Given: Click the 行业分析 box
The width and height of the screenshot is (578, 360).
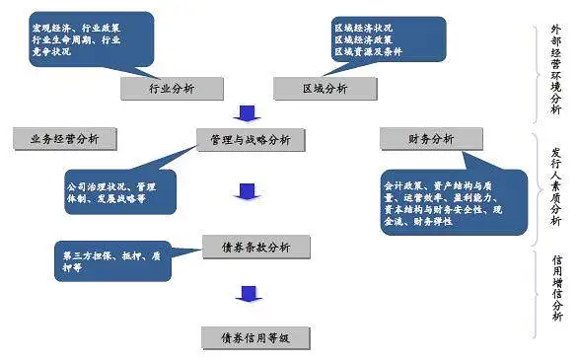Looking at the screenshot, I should click(172, 89).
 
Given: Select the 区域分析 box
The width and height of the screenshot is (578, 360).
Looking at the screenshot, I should click(325, 89).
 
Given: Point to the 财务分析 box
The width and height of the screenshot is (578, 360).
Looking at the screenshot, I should click(431, 139).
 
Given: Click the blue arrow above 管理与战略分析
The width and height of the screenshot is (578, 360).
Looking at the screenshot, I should click(250, 113).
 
